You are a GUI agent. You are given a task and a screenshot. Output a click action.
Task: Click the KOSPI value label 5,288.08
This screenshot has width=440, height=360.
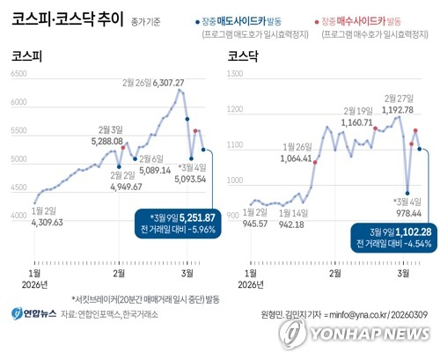click(x=107, y=140)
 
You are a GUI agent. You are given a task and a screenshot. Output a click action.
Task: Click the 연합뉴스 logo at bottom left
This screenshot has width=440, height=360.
click(x=33, y=313)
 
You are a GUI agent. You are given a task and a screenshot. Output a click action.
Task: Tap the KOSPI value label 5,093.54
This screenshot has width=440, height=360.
click(x=191, y=179)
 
